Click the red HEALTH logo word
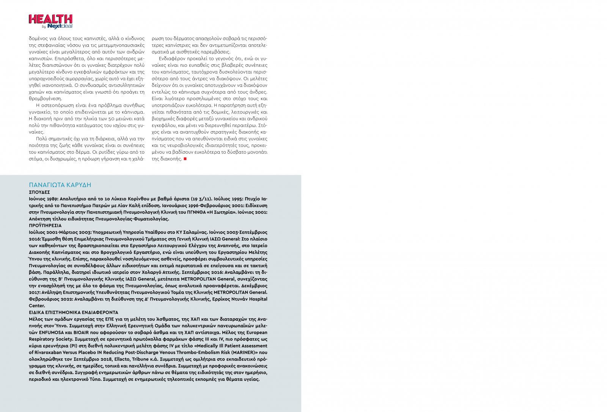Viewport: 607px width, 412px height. tap(50, 19)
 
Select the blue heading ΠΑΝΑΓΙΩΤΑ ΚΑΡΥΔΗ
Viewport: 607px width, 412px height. tap(60, 185)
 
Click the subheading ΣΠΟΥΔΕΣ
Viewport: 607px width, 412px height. tap(39, 192)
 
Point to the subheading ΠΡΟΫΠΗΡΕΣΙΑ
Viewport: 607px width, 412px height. tap(45, 225)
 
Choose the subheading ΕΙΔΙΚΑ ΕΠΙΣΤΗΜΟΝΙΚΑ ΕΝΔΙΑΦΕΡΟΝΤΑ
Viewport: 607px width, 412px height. tap(74, 312)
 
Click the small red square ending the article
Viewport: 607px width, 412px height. tap(185, 159)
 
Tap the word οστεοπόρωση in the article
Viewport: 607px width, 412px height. tap(52, 105)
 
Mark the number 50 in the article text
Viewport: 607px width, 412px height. tap(111, 119)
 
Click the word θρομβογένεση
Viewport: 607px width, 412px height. tap(45, 99)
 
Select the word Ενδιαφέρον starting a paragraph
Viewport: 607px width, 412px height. tap(172, 59)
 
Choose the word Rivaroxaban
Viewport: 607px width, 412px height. tap(50, 352)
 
